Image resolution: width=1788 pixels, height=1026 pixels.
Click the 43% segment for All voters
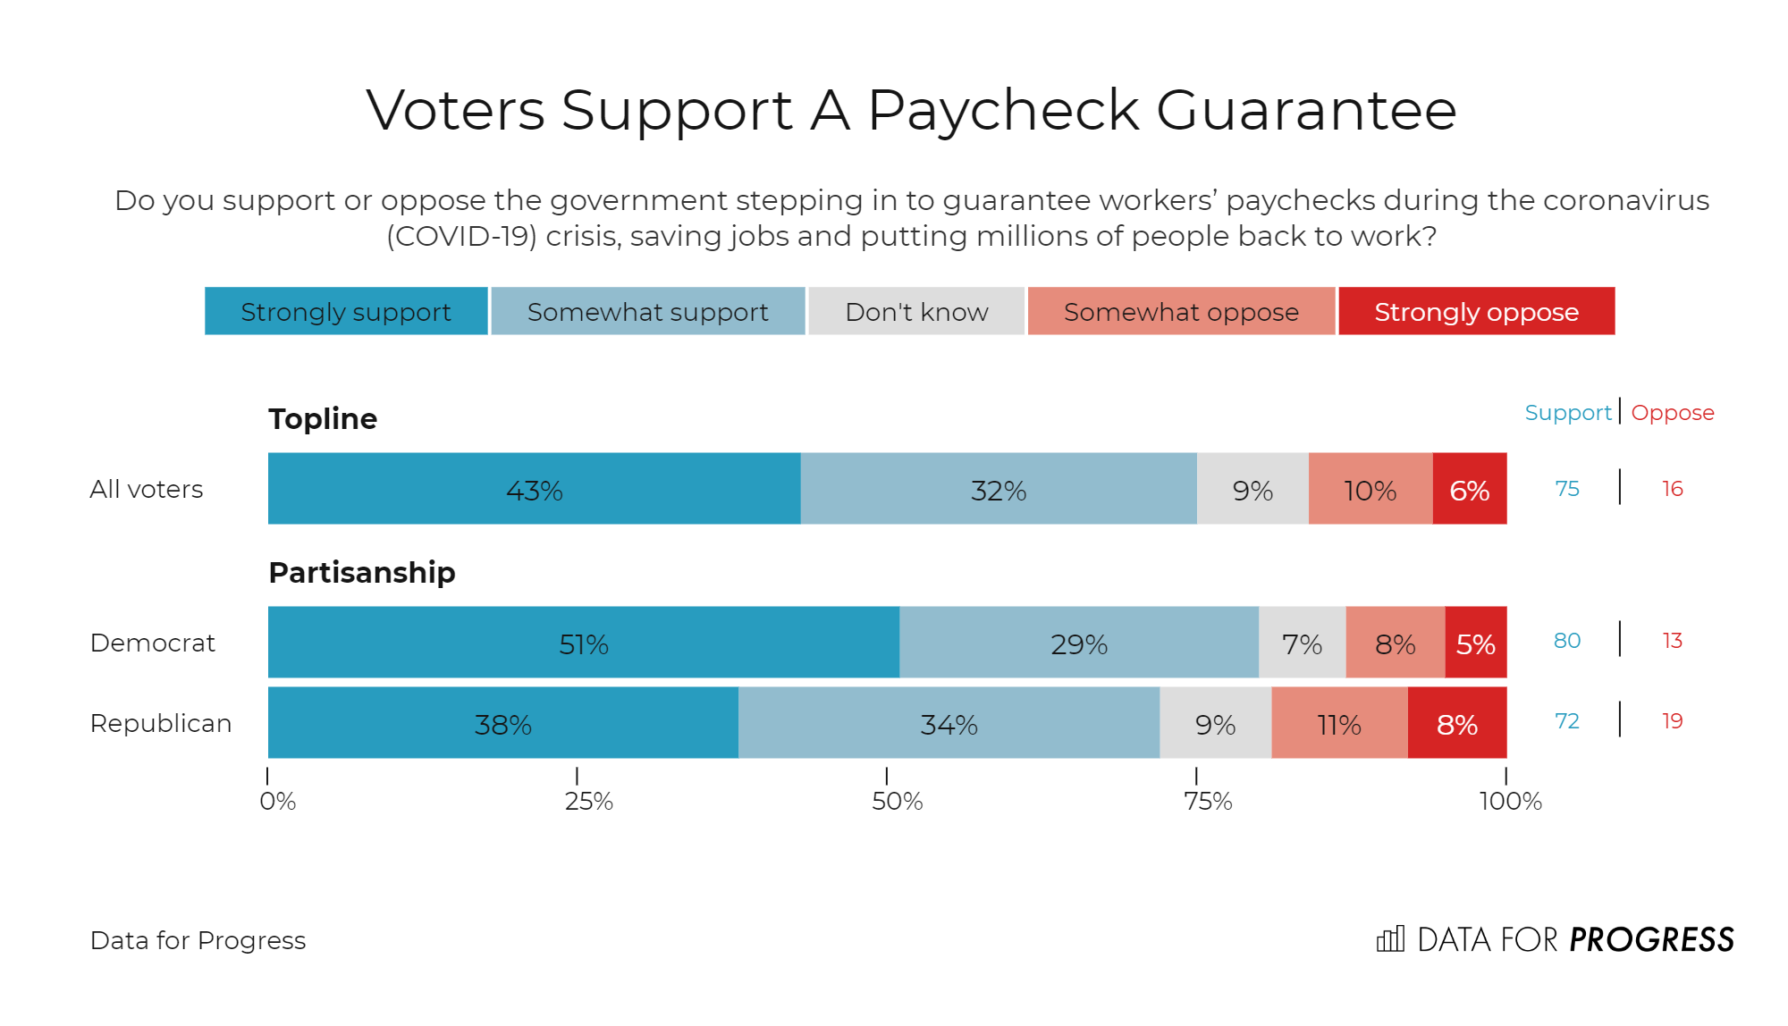point(534,489)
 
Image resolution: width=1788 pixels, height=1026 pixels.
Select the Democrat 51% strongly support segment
point(583,643)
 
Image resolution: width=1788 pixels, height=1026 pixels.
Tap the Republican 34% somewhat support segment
point(949,723)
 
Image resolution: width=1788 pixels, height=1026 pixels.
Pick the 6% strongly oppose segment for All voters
point(1469,489)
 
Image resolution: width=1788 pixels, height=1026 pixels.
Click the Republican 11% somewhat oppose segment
point(1338,723)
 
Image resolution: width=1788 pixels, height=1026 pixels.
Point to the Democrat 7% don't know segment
point(1302,643)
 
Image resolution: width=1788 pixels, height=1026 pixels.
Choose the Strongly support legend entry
point(346,312)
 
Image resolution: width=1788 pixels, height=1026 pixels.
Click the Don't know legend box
point(916,312)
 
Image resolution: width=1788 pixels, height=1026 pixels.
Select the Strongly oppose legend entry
point(1476,312)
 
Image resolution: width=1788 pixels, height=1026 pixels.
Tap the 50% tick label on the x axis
point(897,801)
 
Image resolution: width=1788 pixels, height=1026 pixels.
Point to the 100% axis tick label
point(1510,801)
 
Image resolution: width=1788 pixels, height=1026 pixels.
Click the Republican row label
point(161,723)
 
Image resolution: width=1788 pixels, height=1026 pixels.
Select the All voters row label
point(147,489)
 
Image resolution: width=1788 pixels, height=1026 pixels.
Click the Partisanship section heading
point(362,572)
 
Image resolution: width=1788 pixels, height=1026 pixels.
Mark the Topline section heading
point(323,418)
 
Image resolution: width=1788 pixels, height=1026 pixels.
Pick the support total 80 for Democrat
point(1567,641)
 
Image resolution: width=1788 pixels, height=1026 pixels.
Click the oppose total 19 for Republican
point(1672,721)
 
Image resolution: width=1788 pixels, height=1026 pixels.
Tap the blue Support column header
point(1568,413)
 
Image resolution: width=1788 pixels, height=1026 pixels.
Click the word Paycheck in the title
point(1002,111)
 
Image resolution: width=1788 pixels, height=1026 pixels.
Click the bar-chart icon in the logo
point(1390,939)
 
